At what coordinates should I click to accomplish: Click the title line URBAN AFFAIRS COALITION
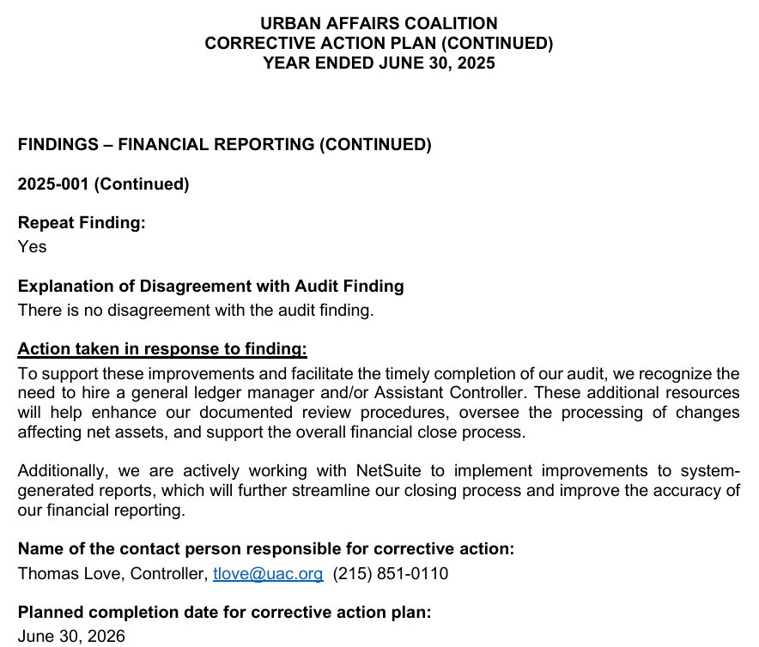click(379, 24)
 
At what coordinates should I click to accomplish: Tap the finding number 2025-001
click(55, 184)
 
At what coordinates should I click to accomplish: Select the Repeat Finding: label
click(82, 223)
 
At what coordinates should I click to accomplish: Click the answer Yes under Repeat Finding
click(32, 246)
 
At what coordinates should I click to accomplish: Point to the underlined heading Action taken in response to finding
click(162, 349)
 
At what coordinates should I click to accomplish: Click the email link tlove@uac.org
click(268, 573)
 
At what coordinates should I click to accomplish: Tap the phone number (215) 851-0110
click(390, 573)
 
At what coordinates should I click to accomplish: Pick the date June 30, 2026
click(71, 636)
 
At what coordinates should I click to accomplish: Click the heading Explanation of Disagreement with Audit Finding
click(210, 286)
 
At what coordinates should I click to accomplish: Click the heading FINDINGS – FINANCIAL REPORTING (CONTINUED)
click(224, 144)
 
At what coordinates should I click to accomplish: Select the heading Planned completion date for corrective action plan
click(224, 613)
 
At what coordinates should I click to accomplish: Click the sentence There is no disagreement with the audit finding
click(196, 310)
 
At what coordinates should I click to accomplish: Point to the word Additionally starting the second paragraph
click(62, 471)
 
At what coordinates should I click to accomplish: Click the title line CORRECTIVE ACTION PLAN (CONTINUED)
click(379, 43)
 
